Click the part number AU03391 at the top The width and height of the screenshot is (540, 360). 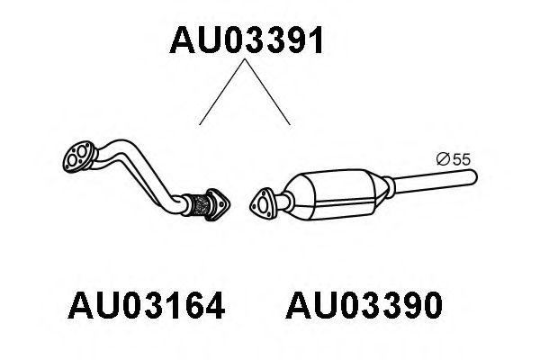pyautogui.click(x=247, y=40)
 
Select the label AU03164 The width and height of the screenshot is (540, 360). pyautogui.click(x=147, y=305)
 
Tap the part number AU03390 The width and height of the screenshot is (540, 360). pyautogui.click(x=364, y=305)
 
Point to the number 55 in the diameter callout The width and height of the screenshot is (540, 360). pyautogui.click(x=462, y=159)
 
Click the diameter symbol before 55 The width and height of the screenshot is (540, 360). pyautogui.click(x=444, y=159)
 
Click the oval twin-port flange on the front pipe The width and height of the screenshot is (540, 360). pyautogui.click(x=79, y=157)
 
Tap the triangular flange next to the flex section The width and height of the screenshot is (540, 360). pyautogui.click(x=218, y=204)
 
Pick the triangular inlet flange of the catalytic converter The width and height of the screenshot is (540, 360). pyautogui.click(x=263, y=204)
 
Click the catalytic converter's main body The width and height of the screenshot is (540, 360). pyautogui.click(x=337, y=193)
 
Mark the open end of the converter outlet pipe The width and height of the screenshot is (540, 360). pyautogui.click(x=474, y=177)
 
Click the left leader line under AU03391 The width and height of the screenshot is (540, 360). pyautogui.click(x=222, y=92)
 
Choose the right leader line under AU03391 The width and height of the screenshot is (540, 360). pyautogui.click(x=267, y=92)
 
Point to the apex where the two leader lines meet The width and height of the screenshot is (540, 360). pyautogui.click(x=245, y=59)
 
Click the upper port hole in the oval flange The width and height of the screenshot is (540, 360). pyautogui.click(x=82, y=150)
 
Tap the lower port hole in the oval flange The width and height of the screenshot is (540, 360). pyautogui.click(x=73, y=160)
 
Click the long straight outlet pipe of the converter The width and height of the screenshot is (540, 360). pyautogui.click(x=435, y=181)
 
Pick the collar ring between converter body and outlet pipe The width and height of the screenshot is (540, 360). pyautogui.click(x=388, y=187)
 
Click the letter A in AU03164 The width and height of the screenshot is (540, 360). pyautogui.click(x=81, y=305)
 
